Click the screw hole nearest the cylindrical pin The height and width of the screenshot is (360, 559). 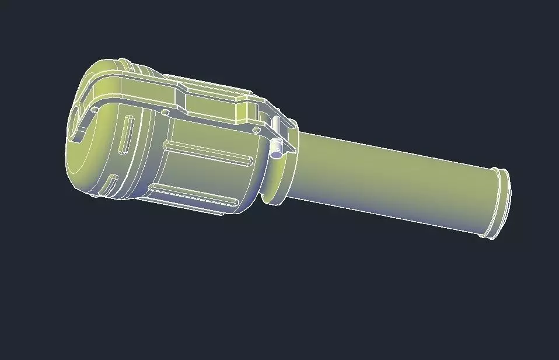tap(255, 128)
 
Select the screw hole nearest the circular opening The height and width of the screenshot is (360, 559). tap(95, 109)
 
